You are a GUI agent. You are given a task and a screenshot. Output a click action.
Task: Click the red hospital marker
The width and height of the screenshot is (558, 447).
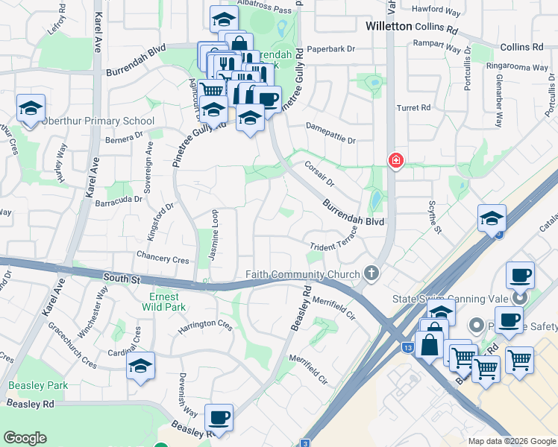(395, 161)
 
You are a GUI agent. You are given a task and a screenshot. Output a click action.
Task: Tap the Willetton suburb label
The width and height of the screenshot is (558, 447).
(389, 26)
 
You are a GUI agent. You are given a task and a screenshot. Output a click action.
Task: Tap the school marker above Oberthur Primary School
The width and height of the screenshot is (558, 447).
(31, 110)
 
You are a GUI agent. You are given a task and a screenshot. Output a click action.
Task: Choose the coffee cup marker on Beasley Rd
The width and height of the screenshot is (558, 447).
(219, 419)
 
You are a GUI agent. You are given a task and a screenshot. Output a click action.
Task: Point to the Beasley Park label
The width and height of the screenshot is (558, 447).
(38, 385)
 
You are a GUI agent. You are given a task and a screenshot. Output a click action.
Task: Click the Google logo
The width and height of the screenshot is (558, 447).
(25, 438)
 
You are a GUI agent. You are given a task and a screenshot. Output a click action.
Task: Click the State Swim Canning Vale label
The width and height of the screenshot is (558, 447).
(451, 299)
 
